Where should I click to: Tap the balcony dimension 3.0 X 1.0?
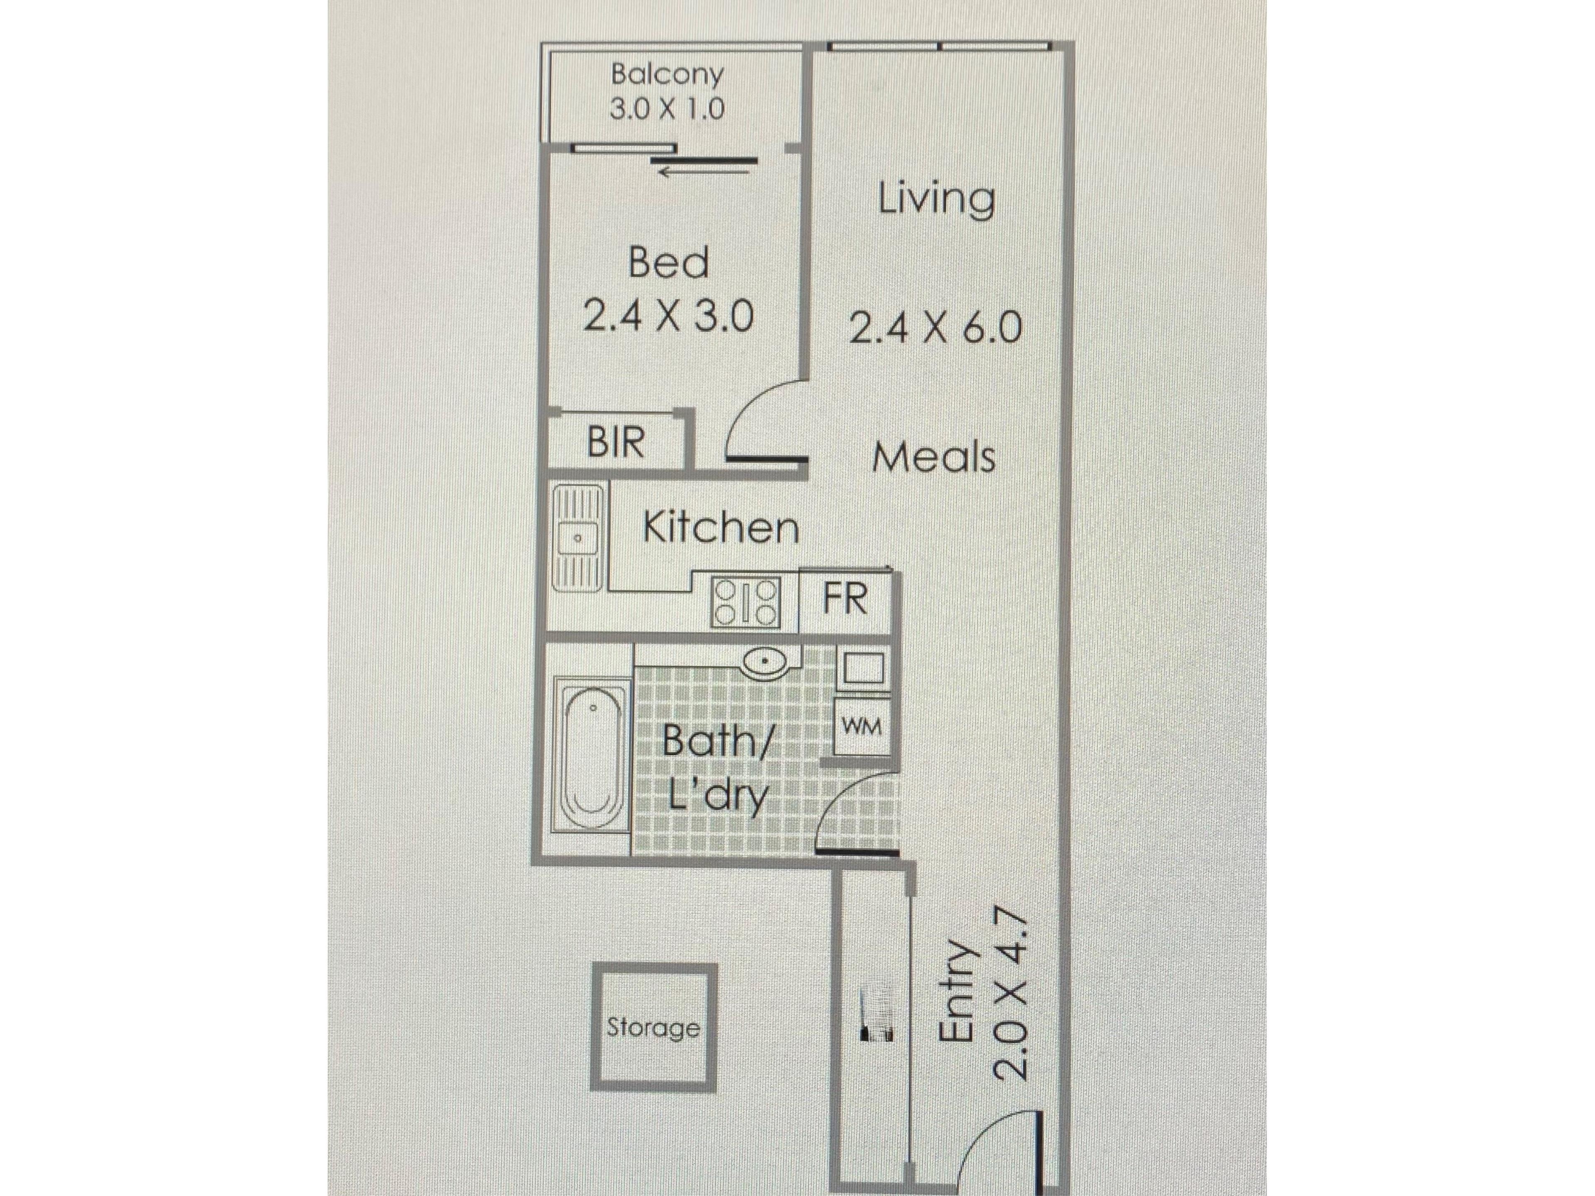(667, 109)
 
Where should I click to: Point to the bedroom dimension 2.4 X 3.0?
(668, 316)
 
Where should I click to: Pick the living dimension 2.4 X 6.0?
(936, 328)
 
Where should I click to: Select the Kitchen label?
(721, 528)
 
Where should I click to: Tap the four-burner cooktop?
(746, 602)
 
